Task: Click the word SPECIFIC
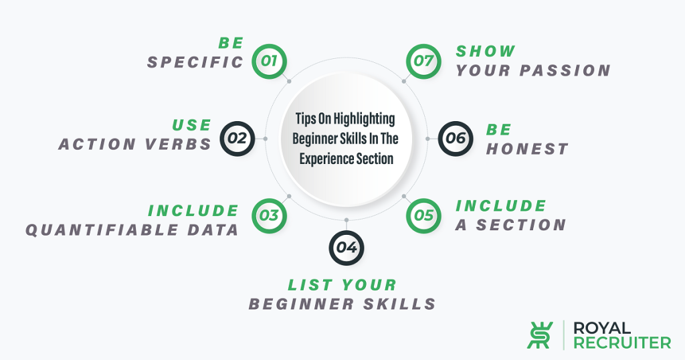(195, 62)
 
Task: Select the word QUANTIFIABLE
(102, 230)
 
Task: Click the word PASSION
(565, 70)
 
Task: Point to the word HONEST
(527, 149)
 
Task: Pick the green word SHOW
(486, 51)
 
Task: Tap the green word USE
(192, 125)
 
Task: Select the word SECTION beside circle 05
(521, 225)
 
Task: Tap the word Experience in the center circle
(321, 159)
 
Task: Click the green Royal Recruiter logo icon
(540, 335)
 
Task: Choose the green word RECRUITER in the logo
(622, 343)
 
